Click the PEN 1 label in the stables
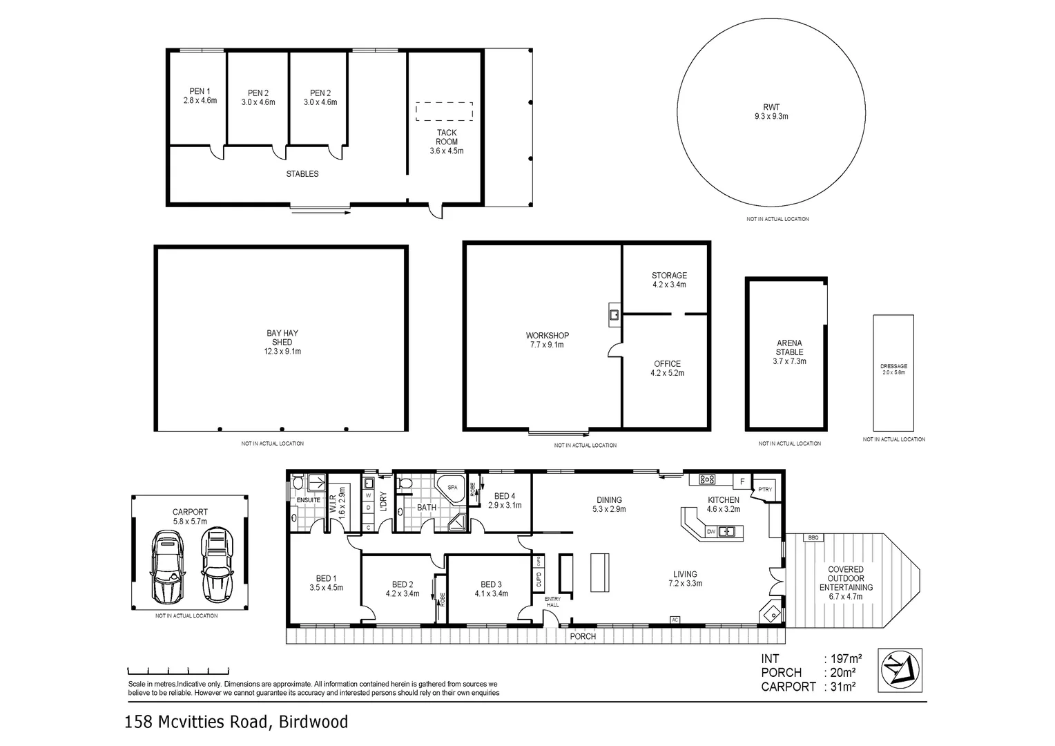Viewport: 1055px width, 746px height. [200, 92]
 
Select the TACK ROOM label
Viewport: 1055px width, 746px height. [446, 137]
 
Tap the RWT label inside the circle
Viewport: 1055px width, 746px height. [771, 107]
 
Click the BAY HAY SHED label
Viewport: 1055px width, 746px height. [282, 337]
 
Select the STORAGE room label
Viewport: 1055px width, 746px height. [669, 276]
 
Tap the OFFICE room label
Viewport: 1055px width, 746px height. [667, 364]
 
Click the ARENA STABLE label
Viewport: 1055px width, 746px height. [789, 347]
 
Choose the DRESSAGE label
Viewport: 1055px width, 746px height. [893, 366]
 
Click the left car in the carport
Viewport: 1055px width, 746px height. [168, 566]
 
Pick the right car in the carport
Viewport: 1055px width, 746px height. [216, 564]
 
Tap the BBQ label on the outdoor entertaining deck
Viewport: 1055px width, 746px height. [812, 537]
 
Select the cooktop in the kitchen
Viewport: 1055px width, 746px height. [707, 479]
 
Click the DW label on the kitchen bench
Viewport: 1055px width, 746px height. [710, 531]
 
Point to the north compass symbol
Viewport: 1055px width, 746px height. [900, 669]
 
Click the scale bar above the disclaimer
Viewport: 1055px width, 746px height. [178, 671]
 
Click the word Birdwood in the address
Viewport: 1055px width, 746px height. [314, 723]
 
